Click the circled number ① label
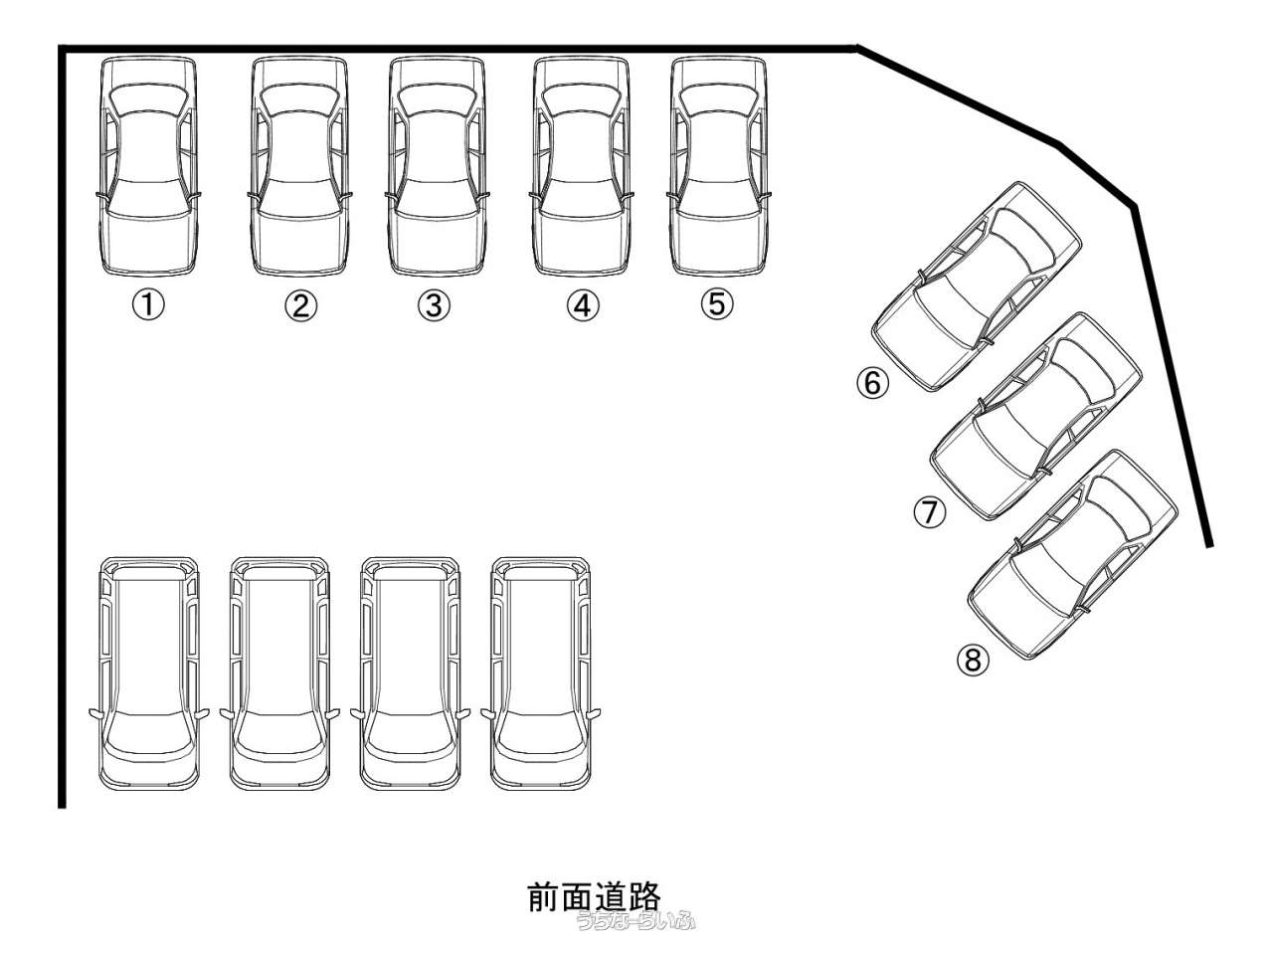148,305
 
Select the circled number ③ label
434,305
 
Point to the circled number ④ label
583,305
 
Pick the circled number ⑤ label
716,303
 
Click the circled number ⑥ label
872,382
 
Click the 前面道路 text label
595,895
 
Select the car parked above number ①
148,166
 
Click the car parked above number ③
438,166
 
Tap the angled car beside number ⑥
976,286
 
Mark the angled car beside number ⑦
1034,416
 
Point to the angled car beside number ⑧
1072,554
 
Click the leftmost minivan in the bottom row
149,673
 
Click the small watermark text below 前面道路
635,921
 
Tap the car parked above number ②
299,166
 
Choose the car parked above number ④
582,166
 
